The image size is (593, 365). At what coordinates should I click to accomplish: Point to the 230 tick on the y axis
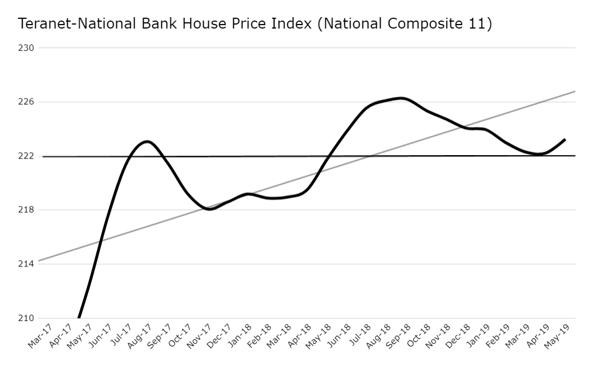27,48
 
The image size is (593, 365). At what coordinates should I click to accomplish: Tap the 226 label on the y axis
27,102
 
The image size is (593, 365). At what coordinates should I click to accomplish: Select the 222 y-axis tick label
27,156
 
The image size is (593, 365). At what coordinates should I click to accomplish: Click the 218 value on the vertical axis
27,210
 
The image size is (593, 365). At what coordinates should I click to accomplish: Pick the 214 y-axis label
27,264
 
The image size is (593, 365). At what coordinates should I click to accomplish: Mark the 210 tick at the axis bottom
27,318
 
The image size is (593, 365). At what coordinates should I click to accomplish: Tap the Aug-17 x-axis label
139,336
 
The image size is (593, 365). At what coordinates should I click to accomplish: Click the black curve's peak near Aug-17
147,141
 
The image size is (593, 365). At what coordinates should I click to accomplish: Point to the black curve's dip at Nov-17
210,209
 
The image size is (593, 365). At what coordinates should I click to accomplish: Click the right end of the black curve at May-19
564,139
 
